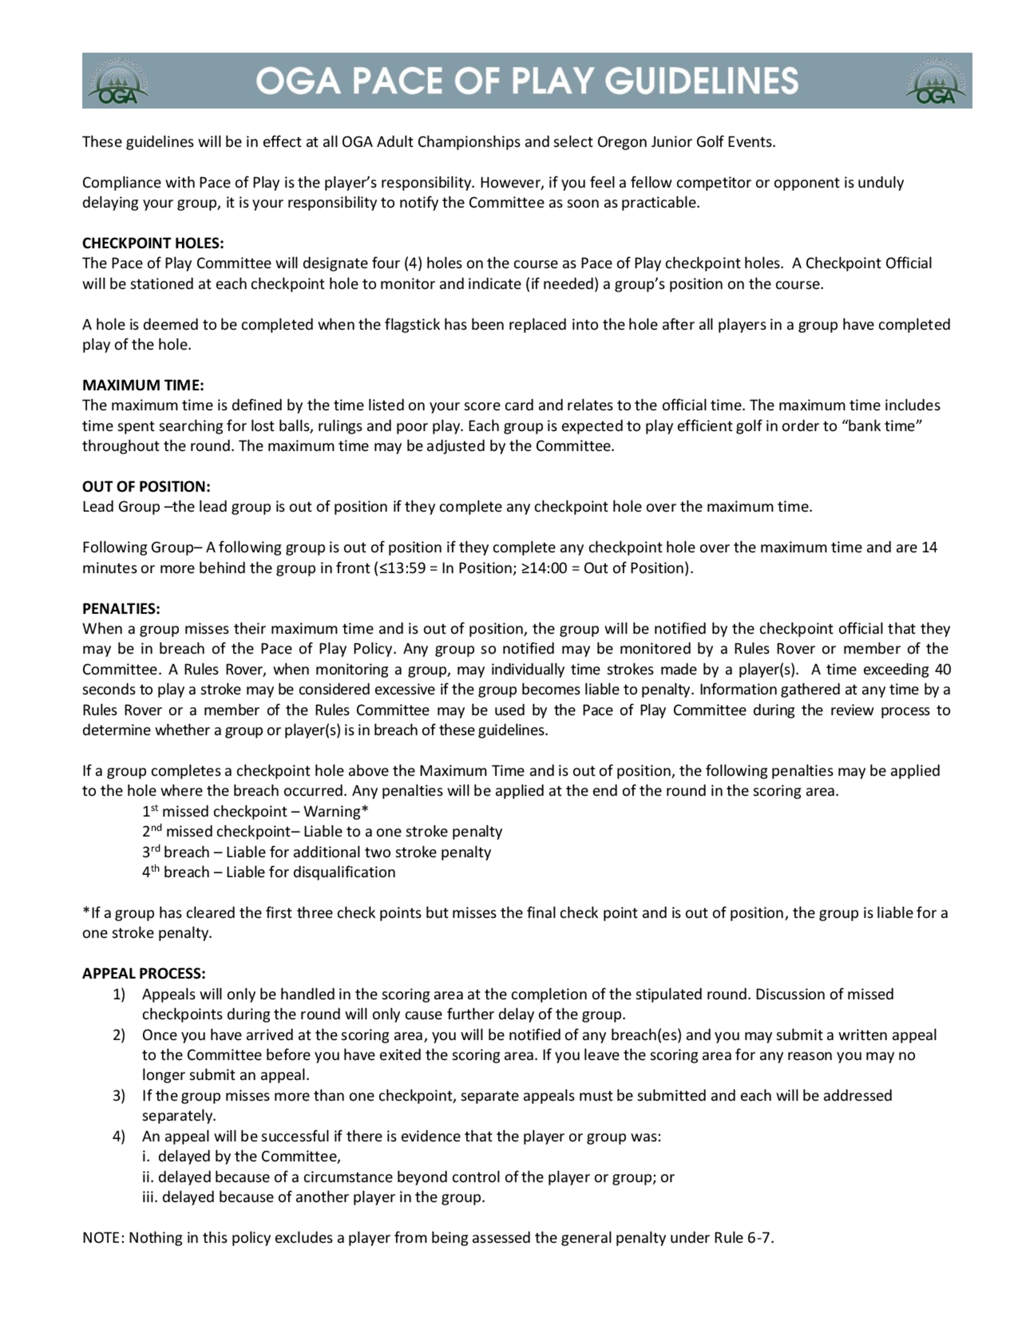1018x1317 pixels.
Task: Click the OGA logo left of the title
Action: (x=118, y=81)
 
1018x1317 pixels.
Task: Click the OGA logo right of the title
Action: (x=936, y=81)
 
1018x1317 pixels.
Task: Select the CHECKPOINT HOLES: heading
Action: (x=153, y=243)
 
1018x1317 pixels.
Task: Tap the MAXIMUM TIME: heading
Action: (x=143, y=385)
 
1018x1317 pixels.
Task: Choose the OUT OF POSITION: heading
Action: (x=147, y=486)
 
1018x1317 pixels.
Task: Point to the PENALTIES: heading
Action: (x=121, y=609)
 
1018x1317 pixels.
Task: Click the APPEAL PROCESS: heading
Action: (x=144, y=974)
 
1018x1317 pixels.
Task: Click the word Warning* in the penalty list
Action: (x=336, y=812)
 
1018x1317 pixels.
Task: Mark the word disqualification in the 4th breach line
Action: (x=345, y=873)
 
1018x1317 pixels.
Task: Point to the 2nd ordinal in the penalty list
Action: (x=152, y=832)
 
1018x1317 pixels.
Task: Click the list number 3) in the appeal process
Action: (x=119, y=1095)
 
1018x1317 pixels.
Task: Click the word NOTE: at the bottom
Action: (x=103, y=1238)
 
